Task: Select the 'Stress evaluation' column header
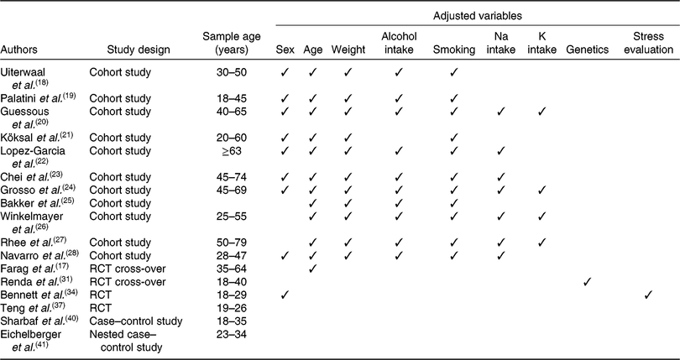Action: coord(649,43)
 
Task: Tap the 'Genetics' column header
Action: coord(588,50)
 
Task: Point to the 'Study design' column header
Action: coord(139,50)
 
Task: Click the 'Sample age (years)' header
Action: coord(232,43)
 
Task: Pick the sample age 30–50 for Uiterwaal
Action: coord(232,72)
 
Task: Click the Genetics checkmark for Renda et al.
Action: coord(588,282)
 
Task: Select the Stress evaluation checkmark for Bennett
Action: coord(649,295)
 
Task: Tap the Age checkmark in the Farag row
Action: coord(312,269)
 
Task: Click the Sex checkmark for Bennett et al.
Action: coord(285,295)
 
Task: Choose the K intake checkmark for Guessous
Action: coord(541,112)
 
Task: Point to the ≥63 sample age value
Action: coord(232,151)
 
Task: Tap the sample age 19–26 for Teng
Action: coord(232,308)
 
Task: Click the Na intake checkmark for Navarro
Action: coord(501,255)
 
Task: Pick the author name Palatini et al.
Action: coord(38,98)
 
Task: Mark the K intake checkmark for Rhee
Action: coord(541,243)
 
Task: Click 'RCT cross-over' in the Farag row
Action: coord(128,269)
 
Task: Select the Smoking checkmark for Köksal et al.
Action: coord(454,138)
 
